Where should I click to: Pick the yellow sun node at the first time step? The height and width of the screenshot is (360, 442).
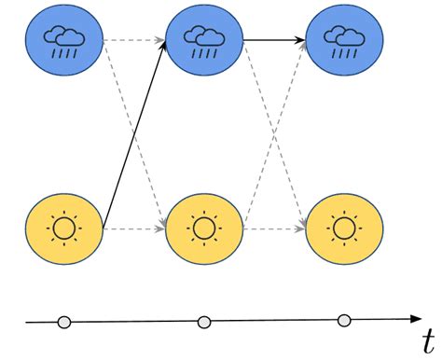64,228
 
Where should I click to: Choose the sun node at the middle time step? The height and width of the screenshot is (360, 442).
203,228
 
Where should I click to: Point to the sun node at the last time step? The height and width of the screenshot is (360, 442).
343,228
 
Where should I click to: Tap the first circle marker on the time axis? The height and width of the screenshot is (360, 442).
63,323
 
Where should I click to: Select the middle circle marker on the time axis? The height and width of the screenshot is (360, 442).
203,323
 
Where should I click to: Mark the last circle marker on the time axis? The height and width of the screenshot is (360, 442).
343,322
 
